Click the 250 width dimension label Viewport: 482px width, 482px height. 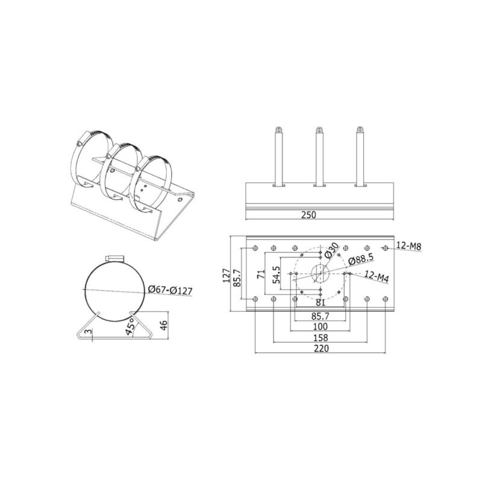(x=308, y=215)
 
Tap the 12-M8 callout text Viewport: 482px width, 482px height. (x=408, y=246)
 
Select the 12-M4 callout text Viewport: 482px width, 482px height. (x=377, y=276)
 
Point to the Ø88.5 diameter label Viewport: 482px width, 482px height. (x=361, y=259)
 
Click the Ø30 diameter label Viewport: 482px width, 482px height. (x=332, y=250)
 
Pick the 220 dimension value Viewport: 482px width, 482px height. (x=321, y=349)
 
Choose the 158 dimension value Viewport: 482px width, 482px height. (x=321, y=338)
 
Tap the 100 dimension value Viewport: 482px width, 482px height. (x=321, y=326)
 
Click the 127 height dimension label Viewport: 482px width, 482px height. (x=227, y=275)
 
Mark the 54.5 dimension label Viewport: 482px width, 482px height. (x=276, y=274)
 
